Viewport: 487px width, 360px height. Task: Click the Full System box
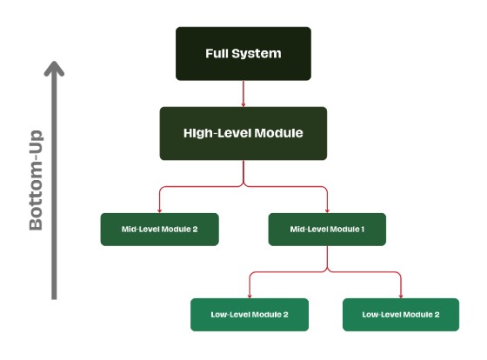point(243,53)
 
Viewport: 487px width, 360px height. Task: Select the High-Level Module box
point(243,133)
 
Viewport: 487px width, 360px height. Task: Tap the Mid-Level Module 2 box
point(159,229)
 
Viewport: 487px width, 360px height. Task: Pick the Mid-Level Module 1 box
point(327,229)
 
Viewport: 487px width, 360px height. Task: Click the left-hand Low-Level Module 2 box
point(250,314)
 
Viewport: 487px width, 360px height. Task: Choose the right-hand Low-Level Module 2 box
point(401,314)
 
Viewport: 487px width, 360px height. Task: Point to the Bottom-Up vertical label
point(37,181)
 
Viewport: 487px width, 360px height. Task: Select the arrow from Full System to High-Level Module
point(243,93)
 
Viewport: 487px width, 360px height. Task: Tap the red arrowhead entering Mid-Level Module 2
point(159,210)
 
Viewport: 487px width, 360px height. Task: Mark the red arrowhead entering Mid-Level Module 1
point(327,210)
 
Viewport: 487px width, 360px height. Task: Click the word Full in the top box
point(217,53)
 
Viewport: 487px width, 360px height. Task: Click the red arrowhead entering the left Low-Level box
point(250,295)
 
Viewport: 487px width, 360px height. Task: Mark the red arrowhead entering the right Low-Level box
point(401,295)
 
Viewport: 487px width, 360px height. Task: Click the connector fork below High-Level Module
point(243,184)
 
